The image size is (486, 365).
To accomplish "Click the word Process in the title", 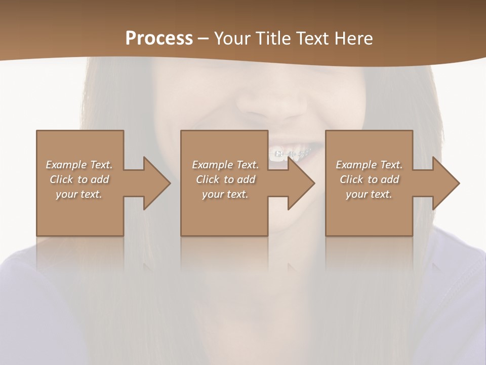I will tap(159, 39).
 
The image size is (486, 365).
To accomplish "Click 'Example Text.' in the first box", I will tap(79, 165).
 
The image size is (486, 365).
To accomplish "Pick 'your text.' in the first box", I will tap(79, 194).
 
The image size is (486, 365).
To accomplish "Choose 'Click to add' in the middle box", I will tap(225, 179).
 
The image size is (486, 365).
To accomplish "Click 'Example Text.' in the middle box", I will tap(225, 165).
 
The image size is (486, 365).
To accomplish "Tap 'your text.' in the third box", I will tap(369, 194).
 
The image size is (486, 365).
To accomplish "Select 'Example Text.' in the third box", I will tap(369, 165).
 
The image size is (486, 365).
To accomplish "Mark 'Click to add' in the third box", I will tap(369, 179).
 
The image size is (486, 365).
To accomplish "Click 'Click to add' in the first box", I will tap(79, 179).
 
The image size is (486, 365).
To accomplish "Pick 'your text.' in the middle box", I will tap(225, 194).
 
